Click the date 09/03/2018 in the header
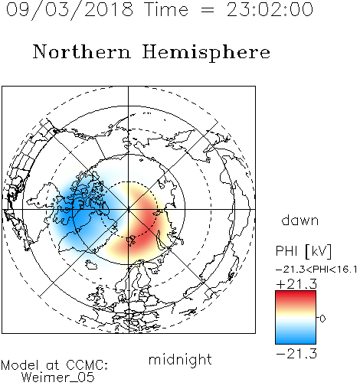coord(70,9)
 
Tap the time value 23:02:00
coord(270,9)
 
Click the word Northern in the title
coord(82,51)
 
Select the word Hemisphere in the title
coord(206,53)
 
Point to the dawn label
coord(300,220)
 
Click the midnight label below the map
coord(180,359)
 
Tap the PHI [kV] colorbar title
coord(303,251)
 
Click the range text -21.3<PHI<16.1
coord(316,270)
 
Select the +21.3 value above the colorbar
coord(296,284)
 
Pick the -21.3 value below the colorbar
coord(296,354)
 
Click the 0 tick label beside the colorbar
coord(322,319)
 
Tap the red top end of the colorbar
coord(296,293)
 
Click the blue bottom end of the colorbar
coord(296,342)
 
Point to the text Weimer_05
coord(58,378)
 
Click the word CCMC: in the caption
coord(87,365)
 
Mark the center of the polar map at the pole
coord(129,209)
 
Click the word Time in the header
coord(166,9)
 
